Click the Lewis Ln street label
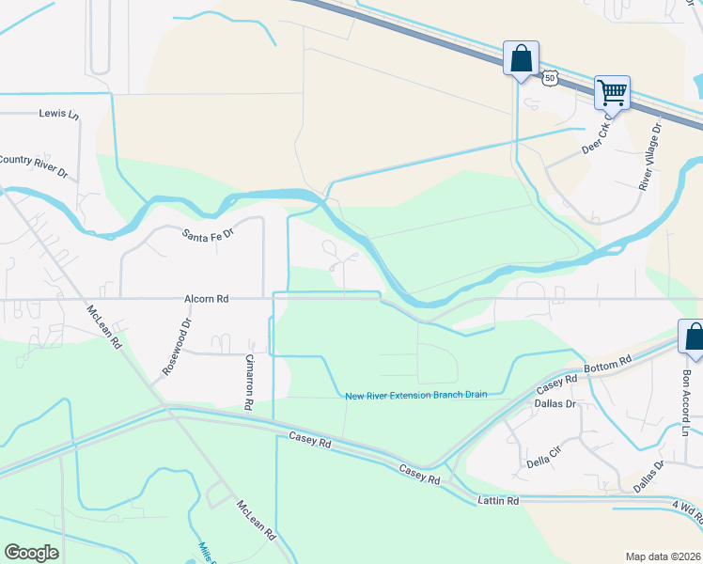[x=58, y=114]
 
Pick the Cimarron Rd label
[x=249, y=383]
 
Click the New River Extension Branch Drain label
[x=415, y=395]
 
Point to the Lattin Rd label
[x=498, y=501]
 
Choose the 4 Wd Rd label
[x=686, y=509]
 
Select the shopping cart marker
[x=612, y=93]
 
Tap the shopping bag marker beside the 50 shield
[x=521, y=59]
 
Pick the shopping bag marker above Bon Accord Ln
[x=693, y=337]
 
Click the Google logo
[x=31, y=553]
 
